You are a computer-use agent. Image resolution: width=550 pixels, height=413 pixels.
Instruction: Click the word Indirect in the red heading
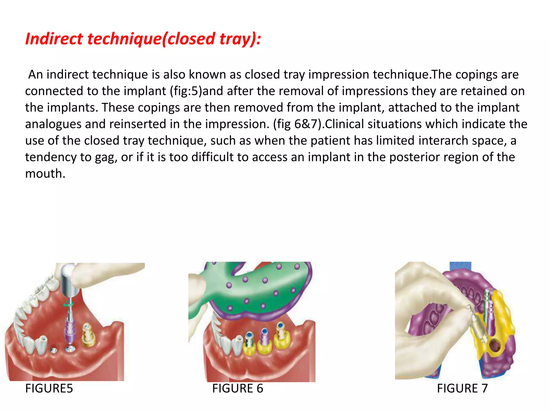click(x=54, y=39)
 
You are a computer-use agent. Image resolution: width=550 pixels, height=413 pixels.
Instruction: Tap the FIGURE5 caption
click(x=49, y=388)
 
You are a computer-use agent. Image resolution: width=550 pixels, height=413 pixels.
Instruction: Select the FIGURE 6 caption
click(x=237, y=388)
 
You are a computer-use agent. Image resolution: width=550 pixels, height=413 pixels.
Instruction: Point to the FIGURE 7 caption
click(x=462, y=388)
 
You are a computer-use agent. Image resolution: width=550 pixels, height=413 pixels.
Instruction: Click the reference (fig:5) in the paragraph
click(x=186, y=91)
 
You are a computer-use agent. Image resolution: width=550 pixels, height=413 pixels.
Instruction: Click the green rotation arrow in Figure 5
click(x=68, y=304)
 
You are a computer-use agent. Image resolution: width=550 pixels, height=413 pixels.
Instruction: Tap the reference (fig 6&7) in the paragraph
click(x=298, y=124)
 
